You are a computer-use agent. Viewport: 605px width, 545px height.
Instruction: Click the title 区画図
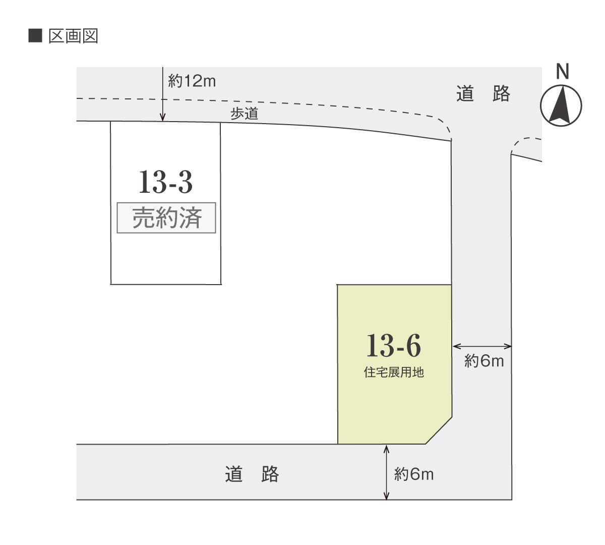(x=73, y=36)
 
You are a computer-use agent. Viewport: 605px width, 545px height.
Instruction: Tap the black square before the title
(x=35, y=36)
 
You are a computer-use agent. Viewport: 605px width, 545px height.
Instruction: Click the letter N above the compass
(x=562, y=72)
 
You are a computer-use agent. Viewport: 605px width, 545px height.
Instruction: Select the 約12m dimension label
(x=192, y=81)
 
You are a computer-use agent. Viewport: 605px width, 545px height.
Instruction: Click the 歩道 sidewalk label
(x=245, y=114)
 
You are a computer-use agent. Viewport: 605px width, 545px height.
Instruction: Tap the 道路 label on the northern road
(x=483, y=93)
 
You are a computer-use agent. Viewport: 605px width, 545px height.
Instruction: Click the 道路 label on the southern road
(x=252, y=474)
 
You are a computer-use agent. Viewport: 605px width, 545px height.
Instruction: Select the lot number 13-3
(x=165, y=182)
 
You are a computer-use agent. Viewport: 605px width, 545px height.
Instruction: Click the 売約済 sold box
(x=166, y=217)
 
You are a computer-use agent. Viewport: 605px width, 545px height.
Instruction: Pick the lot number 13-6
(x=394, y=345)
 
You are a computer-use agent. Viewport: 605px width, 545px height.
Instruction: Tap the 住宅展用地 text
(x=394, y=372)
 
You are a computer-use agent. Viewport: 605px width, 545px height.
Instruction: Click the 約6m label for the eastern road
(x=484, y=361)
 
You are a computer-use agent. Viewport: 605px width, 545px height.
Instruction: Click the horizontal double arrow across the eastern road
(x=482, y=346)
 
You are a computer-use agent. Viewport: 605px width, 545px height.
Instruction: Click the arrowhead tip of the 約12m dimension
(x=162, y=121)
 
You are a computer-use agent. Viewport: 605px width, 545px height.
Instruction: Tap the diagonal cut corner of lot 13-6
(x=439, y=430)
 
